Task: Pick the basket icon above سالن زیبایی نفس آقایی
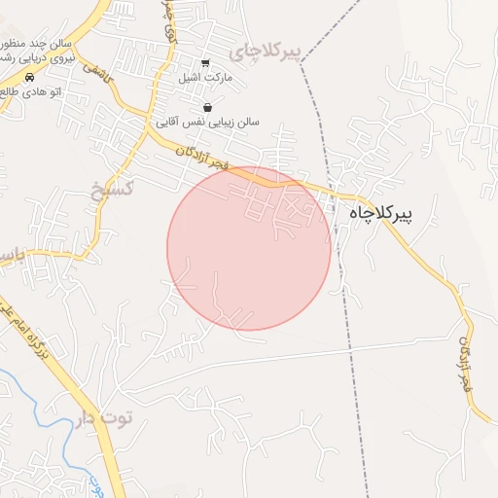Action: (x=207, y=106)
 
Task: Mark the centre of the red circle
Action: (x=249, y=248)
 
